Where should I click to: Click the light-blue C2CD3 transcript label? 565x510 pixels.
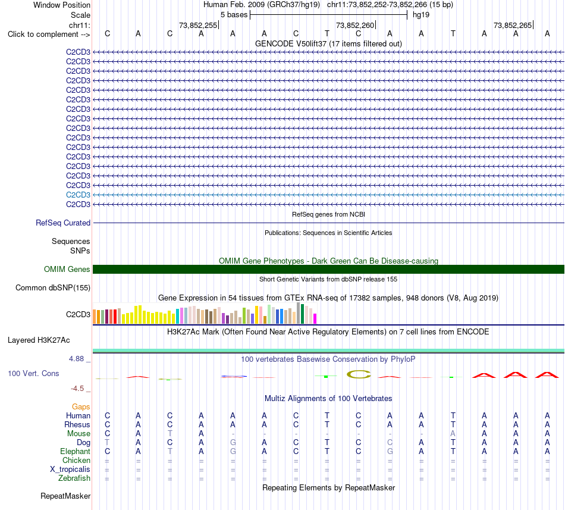pos(78,195)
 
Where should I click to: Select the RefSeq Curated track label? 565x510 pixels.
pos(63,223)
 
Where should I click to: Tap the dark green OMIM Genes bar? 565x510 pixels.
pos(328,269)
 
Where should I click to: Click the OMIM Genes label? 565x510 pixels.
pos(67,269)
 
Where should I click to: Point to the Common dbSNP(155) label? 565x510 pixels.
pos(53,287)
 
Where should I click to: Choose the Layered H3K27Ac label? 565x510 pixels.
pos(39,340)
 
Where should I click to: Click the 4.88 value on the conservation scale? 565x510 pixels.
pos(76,359)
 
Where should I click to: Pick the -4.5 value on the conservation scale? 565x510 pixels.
pos(77,389)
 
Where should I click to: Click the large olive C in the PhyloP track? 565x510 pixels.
pos(359,374)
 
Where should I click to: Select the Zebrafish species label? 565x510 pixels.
pos(74,478)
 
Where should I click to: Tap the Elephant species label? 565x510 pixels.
pos(76,452)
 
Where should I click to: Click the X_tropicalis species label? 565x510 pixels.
pos(70,470)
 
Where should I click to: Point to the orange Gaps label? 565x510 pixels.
pos(81,407)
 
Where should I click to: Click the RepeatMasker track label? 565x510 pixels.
pos(65,496)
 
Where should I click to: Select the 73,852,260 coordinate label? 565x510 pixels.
pos(355,25)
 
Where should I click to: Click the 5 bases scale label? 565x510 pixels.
pos(234,15)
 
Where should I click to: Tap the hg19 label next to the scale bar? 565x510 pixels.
pos(421,15)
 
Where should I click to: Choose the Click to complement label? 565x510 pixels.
pos(49,35)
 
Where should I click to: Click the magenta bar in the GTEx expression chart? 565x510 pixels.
pos(315,318)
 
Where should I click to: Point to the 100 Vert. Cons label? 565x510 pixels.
pos(33,373)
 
